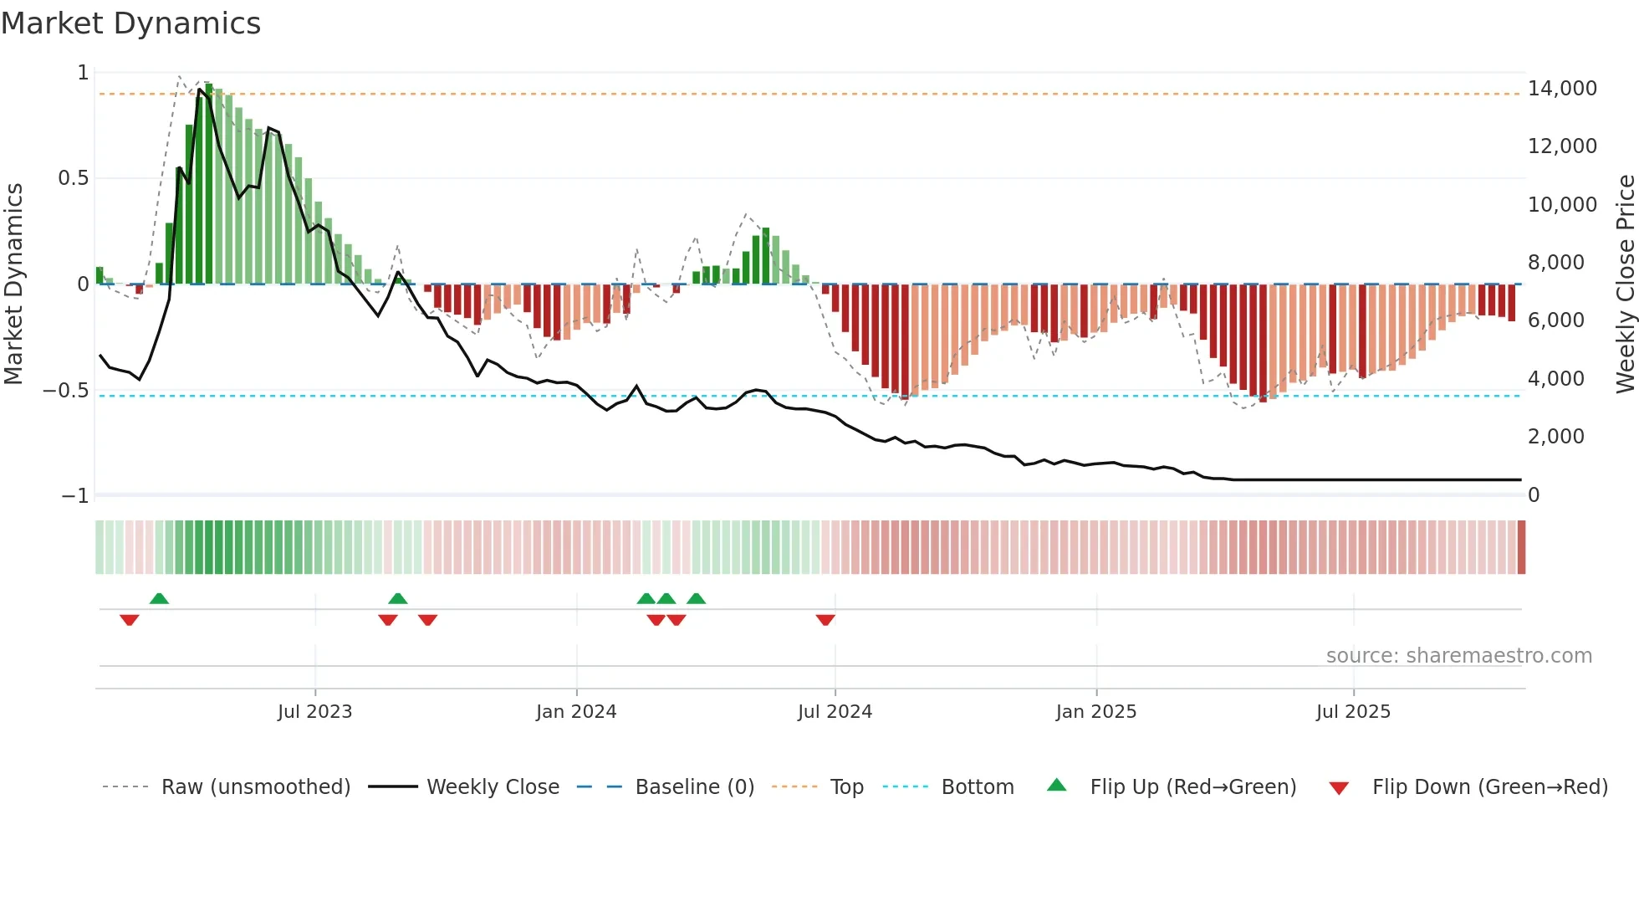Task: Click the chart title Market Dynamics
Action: pyautogui.click(x=130, y=23)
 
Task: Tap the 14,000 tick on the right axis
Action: pyautogui.click(x=1561, y=89)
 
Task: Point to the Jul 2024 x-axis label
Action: pyautogui.click(x=835, y=712)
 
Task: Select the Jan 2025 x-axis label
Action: pyautogui.click(x=1095, y=712)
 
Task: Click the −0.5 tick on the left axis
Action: pyautogui.click(x=65, y=391)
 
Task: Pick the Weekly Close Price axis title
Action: pyautogui.click(x=1625, y=284)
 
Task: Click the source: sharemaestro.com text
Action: pyautogui.click(x=1458, y=656)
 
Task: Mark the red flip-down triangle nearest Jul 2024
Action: pyautogui.click(x=825, y=620)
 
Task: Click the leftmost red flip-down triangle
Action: pyautogui.click(x=129, y=620)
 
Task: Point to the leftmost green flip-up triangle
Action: pyautogui.click(x=159, y=598)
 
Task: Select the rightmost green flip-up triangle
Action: pyautogui.click(x=696, y=598)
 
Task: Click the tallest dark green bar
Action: pyautogui.click(x=209, y=184)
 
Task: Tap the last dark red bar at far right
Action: pyautogui.click(x=1511, y=302)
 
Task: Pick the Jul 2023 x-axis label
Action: pyautogui.click(x=314, y=712)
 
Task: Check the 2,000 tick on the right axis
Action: pyautogui.click(x=1555, y=437)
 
